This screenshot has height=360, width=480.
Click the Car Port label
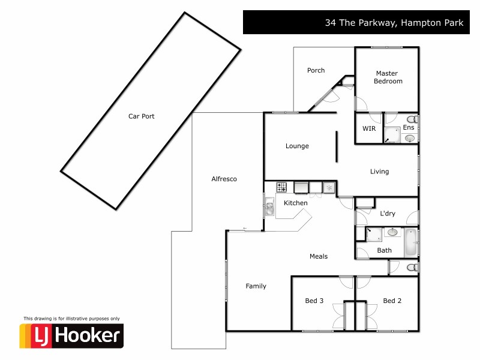(141, 116)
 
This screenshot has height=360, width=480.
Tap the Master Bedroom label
(388, 77)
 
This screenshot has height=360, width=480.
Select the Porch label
(316, 70)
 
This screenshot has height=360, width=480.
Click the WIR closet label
(368, 129)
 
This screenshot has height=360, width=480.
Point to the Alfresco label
(224, 179)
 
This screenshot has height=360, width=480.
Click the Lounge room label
(297, 146)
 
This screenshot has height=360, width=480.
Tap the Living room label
(379, 172)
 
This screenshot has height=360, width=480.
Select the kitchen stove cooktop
(282, 188)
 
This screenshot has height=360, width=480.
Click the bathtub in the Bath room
(410, 242)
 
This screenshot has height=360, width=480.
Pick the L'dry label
(387, 213)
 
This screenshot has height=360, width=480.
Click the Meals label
(318, 256)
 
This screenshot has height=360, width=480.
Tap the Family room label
(256, 286)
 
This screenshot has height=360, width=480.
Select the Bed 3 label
(314, 301)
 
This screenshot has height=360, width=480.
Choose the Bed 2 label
(392, 301)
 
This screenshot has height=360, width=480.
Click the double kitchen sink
(269, 208)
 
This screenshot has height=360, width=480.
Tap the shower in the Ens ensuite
(392, 136)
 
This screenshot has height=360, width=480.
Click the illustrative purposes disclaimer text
(71, 318)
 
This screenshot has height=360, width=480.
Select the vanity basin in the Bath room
(392, 232)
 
